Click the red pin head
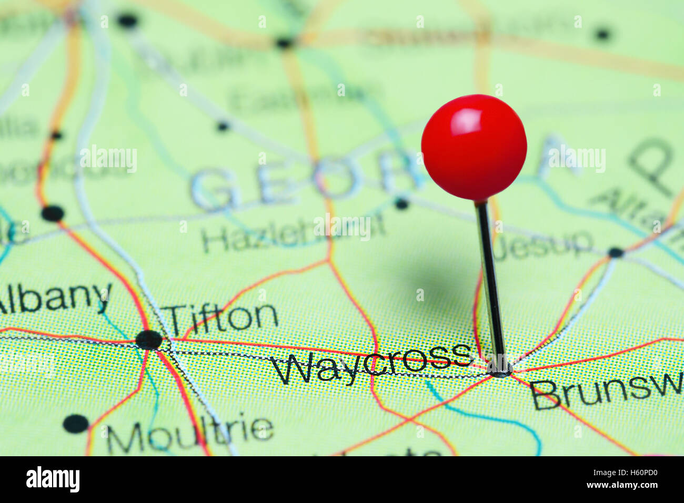tap(474, 148)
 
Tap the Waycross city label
tap(371, 362)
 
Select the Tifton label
tap(222, 317)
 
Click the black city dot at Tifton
tap(149, 340)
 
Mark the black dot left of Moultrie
tap(76, 423)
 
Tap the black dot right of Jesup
tap(615, 252)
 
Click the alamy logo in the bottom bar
tap(53, 479)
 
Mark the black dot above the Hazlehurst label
tap(401, 203)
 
